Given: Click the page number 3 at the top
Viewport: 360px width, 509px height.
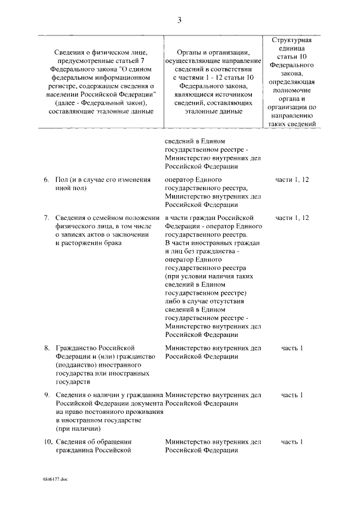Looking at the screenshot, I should point(179,20).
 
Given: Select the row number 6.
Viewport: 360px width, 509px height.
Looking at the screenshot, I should point(47,179).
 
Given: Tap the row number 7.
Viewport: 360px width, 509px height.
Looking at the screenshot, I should point(47,217).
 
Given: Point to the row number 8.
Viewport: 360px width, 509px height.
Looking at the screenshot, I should point(47,348).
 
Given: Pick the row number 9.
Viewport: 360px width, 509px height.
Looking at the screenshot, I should point(47,394).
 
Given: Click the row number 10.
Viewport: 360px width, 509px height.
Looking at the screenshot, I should point(47,441).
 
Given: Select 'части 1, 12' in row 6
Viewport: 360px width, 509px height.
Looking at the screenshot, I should point(292,179).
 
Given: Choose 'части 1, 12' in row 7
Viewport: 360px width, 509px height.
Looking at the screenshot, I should point(292,217).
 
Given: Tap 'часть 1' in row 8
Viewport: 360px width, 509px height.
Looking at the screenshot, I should point(292,348).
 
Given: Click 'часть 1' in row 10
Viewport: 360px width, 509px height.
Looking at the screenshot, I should point(292,441).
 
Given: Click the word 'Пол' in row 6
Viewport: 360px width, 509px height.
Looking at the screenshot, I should point(62,179).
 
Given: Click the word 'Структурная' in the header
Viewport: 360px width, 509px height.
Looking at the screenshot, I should point(292,41).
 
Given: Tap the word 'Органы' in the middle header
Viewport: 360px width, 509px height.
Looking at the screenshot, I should point(184,51).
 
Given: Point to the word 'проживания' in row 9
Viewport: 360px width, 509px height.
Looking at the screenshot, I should point(145,411).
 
